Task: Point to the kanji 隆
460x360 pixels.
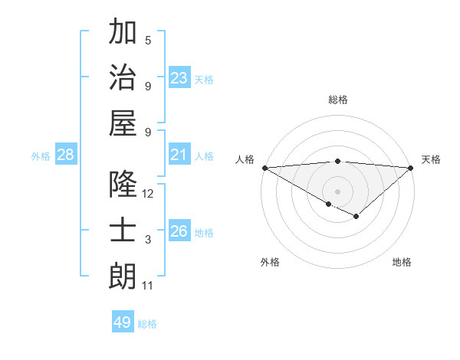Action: pos(123,185)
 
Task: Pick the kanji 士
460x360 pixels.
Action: pos(123,231)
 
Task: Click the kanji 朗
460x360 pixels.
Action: pos(123,277)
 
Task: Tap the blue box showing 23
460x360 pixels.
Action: pos(179,78)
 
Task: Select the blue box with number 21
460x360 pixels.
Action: pos(179,155)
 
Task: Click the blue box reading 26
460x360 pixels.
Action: pos(179,231)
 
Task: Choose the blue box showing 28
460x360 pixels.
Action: pos(66,155)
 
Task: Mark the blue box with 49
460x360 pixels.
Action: pos(123,322)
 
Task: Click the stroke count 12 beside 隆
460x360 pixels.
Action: pos(148,194)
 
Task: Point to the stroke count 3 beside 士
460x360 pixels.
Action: pos(148,240)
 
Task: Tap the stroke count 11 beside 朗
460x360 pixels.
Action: pos(148,286)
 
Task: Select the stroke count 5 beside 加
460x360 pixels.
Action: pos(148,40)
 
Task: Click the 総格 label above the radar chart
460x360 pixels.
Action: pos(337,100)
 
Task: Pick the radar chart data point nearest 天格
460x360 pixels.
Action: pos(411,168)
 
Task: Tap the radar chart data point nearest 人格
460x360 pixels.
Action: pos(264,168)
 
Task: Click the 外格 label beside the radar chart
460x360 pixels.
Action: pos(270,262)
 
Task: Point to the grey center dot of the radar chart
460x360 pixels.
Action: pos(337,191)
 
